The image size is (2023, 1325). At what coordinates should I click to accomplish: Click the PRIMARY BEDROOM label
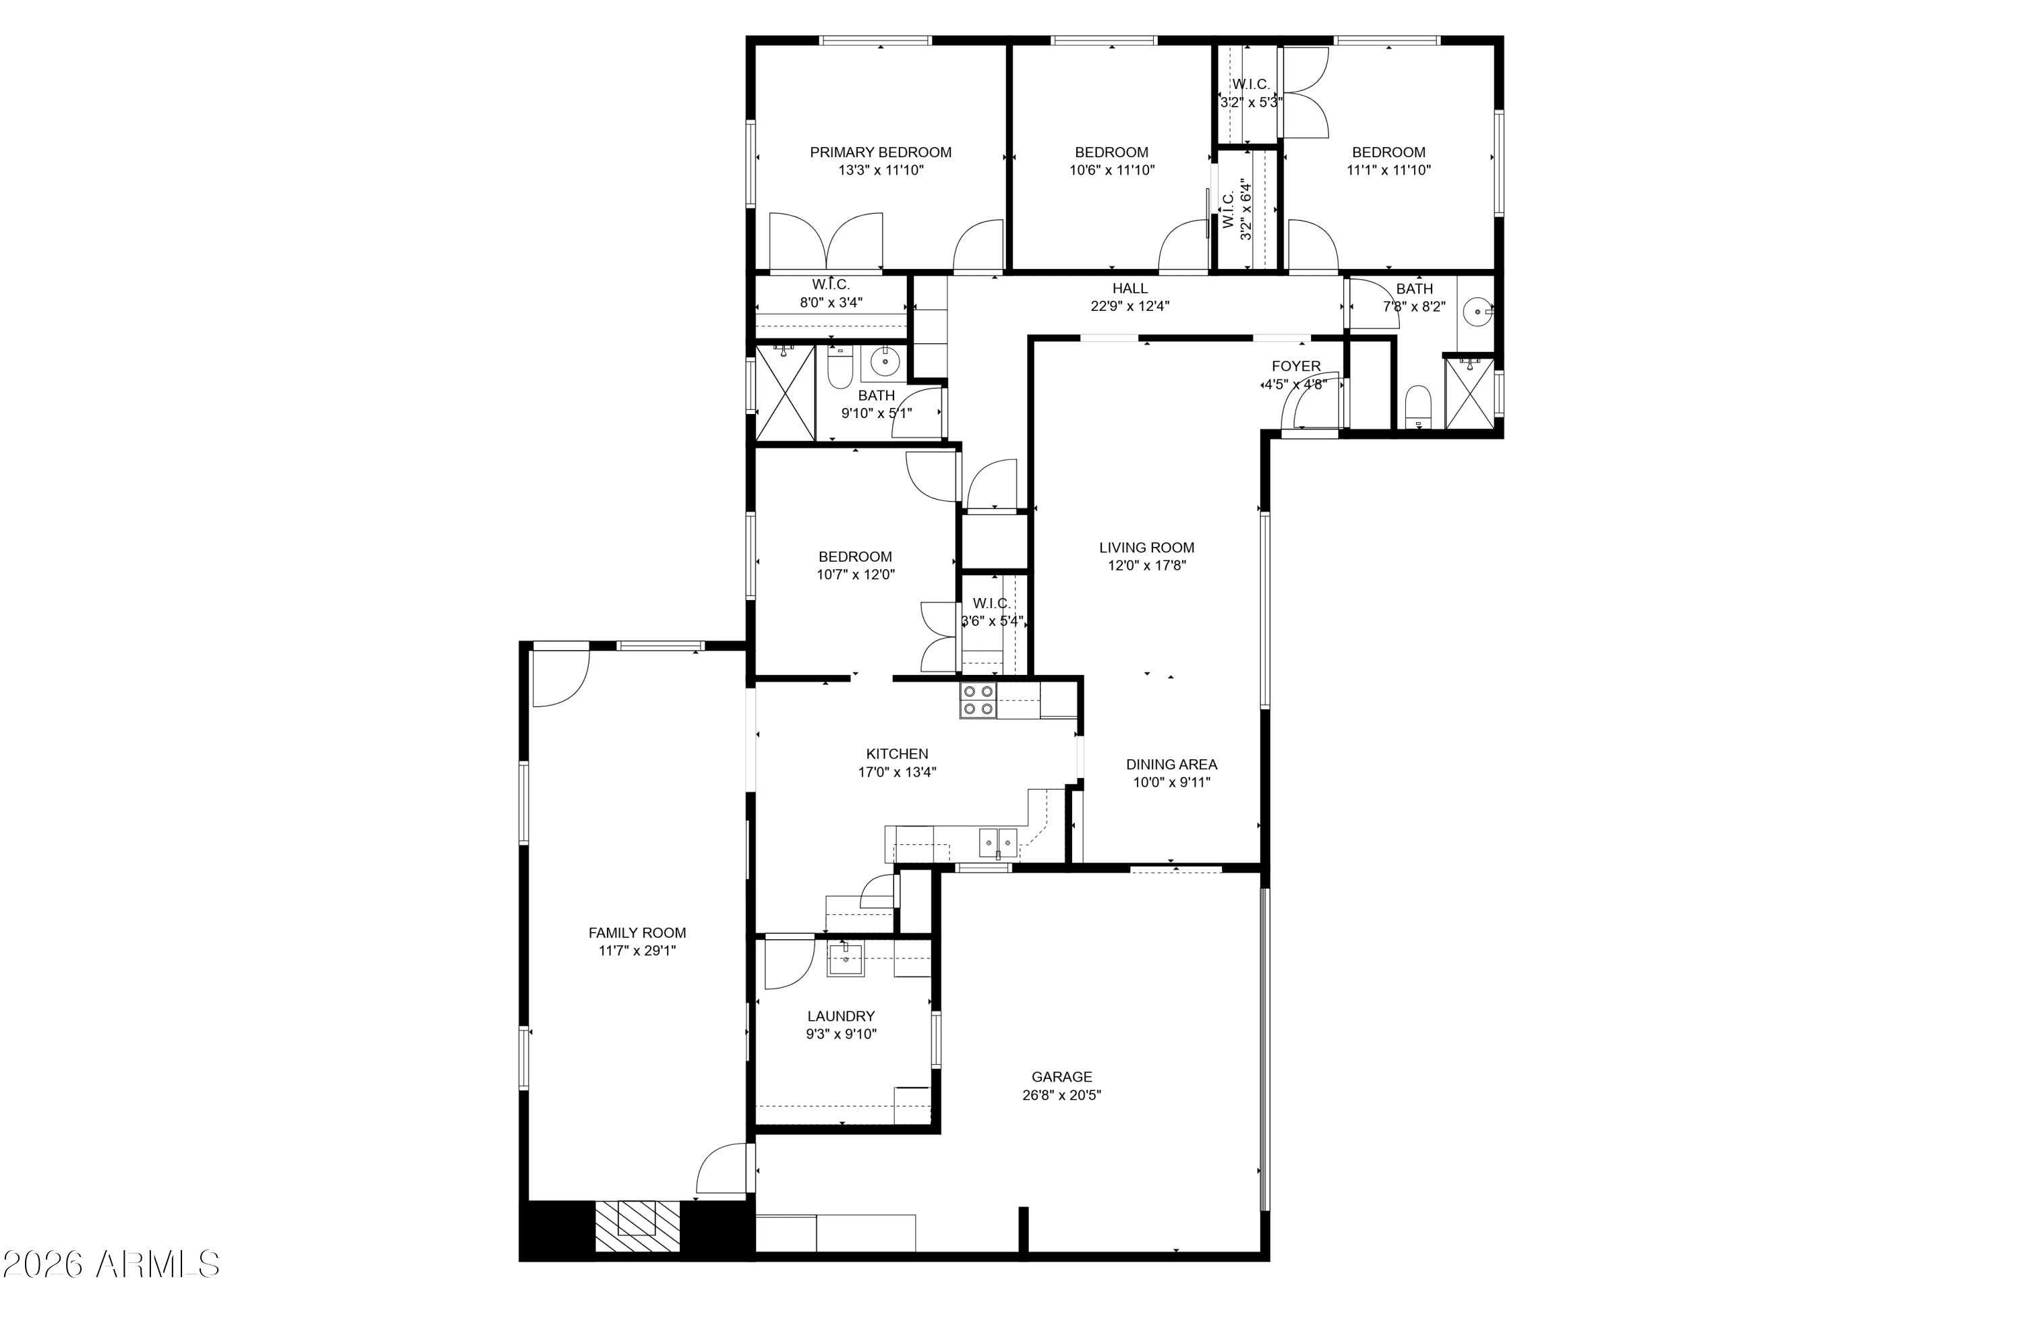tap(881, 152)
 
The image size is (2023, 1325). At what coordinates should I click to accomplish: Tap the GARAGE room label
tap(1061, 1077)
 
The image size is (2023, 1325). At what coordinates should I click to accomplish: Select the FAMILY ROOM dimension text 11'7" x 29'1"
tap(637, 951)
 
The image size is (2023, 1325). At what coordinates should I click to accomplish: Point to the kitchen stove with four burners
tap(978, 701)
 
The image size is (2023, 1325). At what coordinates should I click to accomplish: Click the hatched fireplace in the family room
tap(637, 1226)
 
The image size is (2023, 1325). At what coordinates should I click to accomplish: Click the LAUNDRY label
tap(841, 1015)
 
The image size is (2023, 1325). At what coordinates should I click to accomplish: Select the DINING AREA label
tap(1171, 764)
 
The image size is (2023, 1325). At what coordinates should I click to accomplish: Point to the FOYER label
tap(1296, 366)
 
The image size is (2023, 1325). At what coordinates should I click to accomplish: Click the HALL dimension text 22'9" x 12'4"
tap(1130, 306)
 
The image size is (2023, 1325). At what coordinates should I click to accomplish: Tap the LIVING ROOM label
tap(1146, 548)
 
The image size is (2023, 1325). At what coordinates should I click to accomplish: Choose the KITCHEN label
tap(897, 754)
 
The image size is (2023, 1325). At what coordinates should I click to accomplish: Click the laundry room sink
tap(846, 960)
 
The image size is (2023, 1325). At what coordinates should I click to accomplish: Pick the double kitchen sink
tap(998, 843)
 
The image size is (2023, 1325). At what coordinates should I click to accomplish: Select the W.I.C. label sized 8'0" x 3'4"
tap(831, 285)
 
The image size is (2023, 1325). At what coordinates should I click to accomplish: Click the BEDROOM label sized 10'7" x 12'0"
tap(855, 557)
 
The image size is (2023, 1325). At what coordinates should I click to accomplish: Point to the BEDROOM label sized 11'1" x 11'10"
tap(1389, 152)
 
